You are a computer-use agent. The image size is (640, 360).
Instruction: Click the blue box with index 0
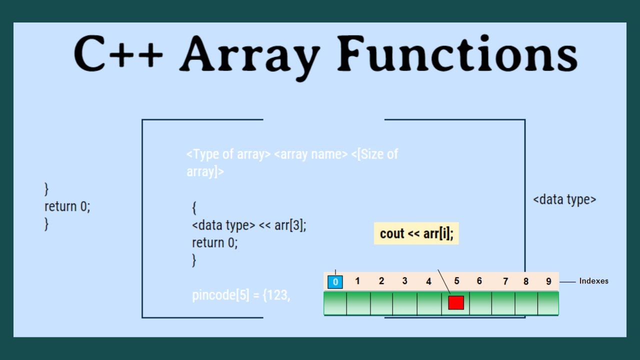(335, 282)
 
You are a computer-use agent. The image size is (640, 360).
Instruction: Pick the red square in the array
(456, 302)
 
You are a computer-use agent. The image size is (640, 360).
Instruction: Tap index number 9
(548, 281)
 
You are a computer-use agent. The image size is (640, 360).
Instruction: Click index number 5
(456, 281)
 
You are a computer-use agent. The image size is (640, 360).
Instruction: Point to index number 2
(381, 281)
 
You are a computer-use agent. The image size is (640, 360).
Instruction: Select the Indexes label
(593, 281)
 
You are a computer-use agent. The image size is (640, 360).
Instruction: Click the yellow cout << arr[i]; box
(416, 233)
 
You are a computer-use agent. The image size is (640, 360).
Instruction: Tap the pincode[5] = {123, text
(241, 295)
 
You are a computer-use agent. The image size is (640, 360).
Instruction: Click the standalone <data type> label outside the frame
(564, 199)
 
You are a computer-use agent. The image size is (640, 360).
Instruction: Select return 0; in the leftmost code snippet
(67, 206)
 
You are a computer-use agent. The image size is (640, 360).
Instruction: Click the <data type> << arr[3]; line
(249, 225)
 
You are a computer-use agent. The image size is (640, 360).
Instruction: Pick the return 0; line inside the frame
(215, 243)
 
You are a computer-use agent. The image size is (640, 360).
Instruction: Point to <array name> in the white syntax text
(310, 154)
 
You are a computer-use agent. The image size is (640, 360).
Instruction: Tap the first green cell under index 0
(335, 303)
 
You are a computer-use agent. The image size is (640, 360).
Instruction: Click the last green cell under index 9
(548, 303)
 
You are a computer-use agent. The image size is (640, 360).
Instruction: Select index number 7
(505, 281)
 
